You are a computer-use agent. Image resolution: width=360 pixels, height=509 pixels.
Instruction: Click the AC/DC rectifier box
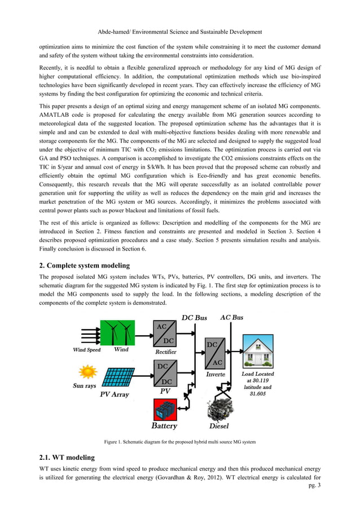tap(168, 334)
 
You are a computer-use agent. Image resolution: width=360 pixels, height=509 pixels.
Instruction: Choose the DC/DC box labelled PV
tap(168, 373)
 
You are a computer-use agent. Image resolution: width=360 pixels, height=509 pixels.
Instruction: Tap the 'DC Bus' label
tap(194, 318)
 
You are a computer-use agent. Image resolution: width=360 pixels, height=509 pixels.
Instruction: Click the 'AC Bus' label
tap(231, 317)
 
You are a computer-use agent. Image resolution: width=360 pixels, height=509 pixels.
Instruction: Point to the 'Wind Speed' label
tap(86, 350)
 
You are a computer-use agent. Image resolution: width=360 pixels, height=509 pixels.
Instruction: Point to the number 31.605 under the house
tap(257, 394)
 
